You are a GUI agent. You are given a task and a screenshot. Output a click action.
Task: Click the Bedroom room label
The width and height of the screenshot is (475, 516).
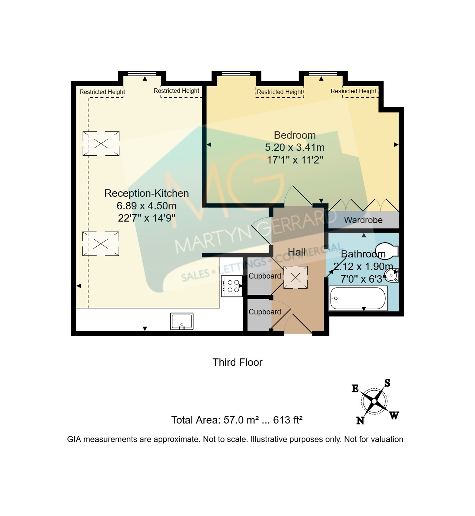click(295, 135)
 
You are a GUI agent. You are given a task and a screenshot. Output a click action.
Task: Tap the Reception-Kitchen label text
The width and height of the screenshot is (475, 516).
click(146, 193)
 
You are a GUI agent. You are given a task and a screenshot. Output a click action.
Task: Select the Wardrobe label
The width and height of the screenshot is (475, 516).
click(363, 220)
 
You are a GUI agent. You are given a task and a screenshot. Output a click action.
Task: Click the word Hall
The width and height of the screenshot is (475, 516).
click(296, 252)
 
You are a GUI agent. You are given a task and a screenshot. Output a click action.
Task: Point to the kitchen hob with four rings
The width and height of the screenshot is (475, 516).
click(232, 286)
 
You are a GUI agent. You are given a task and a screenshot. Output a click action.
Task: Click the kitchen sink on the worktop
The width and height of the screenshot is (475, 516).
click(182, 321)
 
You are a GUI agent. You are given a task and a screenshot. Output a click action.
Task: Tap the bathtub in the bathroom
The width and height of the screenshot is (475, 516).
click(358, 299)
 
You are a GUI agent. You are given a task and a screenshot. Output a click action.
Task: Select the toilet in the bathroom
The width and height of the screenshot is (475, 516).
click(386, 250)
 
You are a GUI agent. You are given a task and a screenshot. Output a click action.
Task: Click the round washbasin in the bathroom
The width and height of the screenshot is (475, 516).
click(392, 275)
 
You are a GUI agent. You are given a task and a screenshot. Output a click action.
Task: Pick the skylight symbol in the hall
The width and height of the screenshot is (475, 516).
click(295, 277)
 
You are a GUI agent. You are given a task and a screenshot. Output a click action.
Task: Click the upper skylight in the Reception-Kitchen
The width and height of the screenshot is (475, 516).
click(101, 144)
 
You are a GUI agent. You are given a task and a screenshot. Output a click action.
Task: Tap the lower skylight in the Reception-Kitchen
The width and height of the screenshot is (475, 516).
click(101, 244)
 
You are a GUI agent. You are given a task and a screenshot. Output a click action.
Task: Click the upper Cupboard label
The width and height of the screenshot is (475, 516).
click(265, 276)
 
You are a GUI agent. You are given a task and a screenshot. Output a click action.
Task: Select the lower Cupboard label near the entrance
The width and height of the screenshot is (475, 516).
click(265, 312)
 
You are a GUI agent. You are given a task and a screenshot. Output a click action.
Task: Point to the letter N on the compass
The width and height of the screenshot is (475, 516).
click(360, 421)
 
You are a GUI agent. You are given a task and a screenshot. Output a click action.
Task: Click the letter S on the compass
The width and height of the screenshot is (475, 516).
click(387, 383)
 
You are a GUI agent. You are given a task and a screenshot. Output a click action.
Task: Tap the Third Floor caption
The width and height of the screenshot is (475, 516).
click(237, 362)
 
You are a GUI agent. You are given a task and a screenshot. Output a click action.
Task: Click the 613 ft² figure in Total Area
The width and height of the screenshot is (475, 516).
click(288, 420)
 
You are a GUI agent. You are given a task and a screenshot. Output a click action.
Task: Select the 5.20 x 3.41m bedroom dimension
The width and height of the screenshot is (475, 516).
click(295, 147)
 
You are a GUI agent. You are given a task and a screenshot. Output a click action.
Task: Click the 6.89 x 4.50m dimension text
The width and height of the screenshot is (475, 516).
click(146, 206)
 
